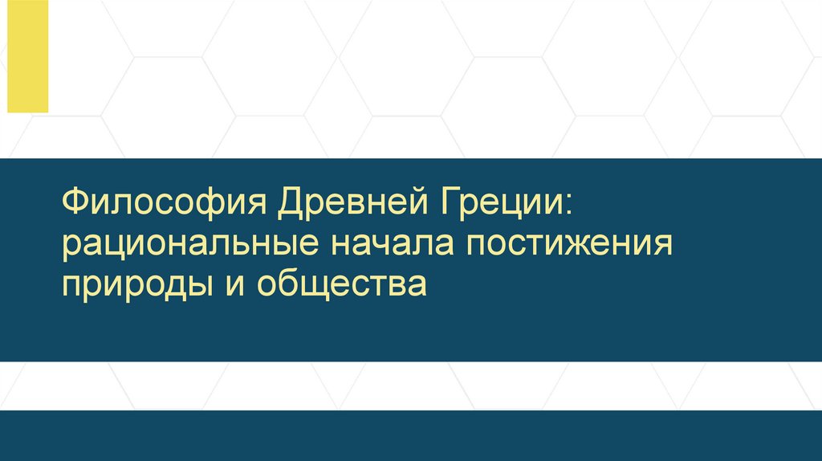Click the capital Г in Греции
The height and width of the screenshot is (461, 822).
click(x=448, y=201)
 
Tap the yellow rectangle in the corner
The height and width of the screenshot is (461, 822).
click(x=28, y=56)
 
